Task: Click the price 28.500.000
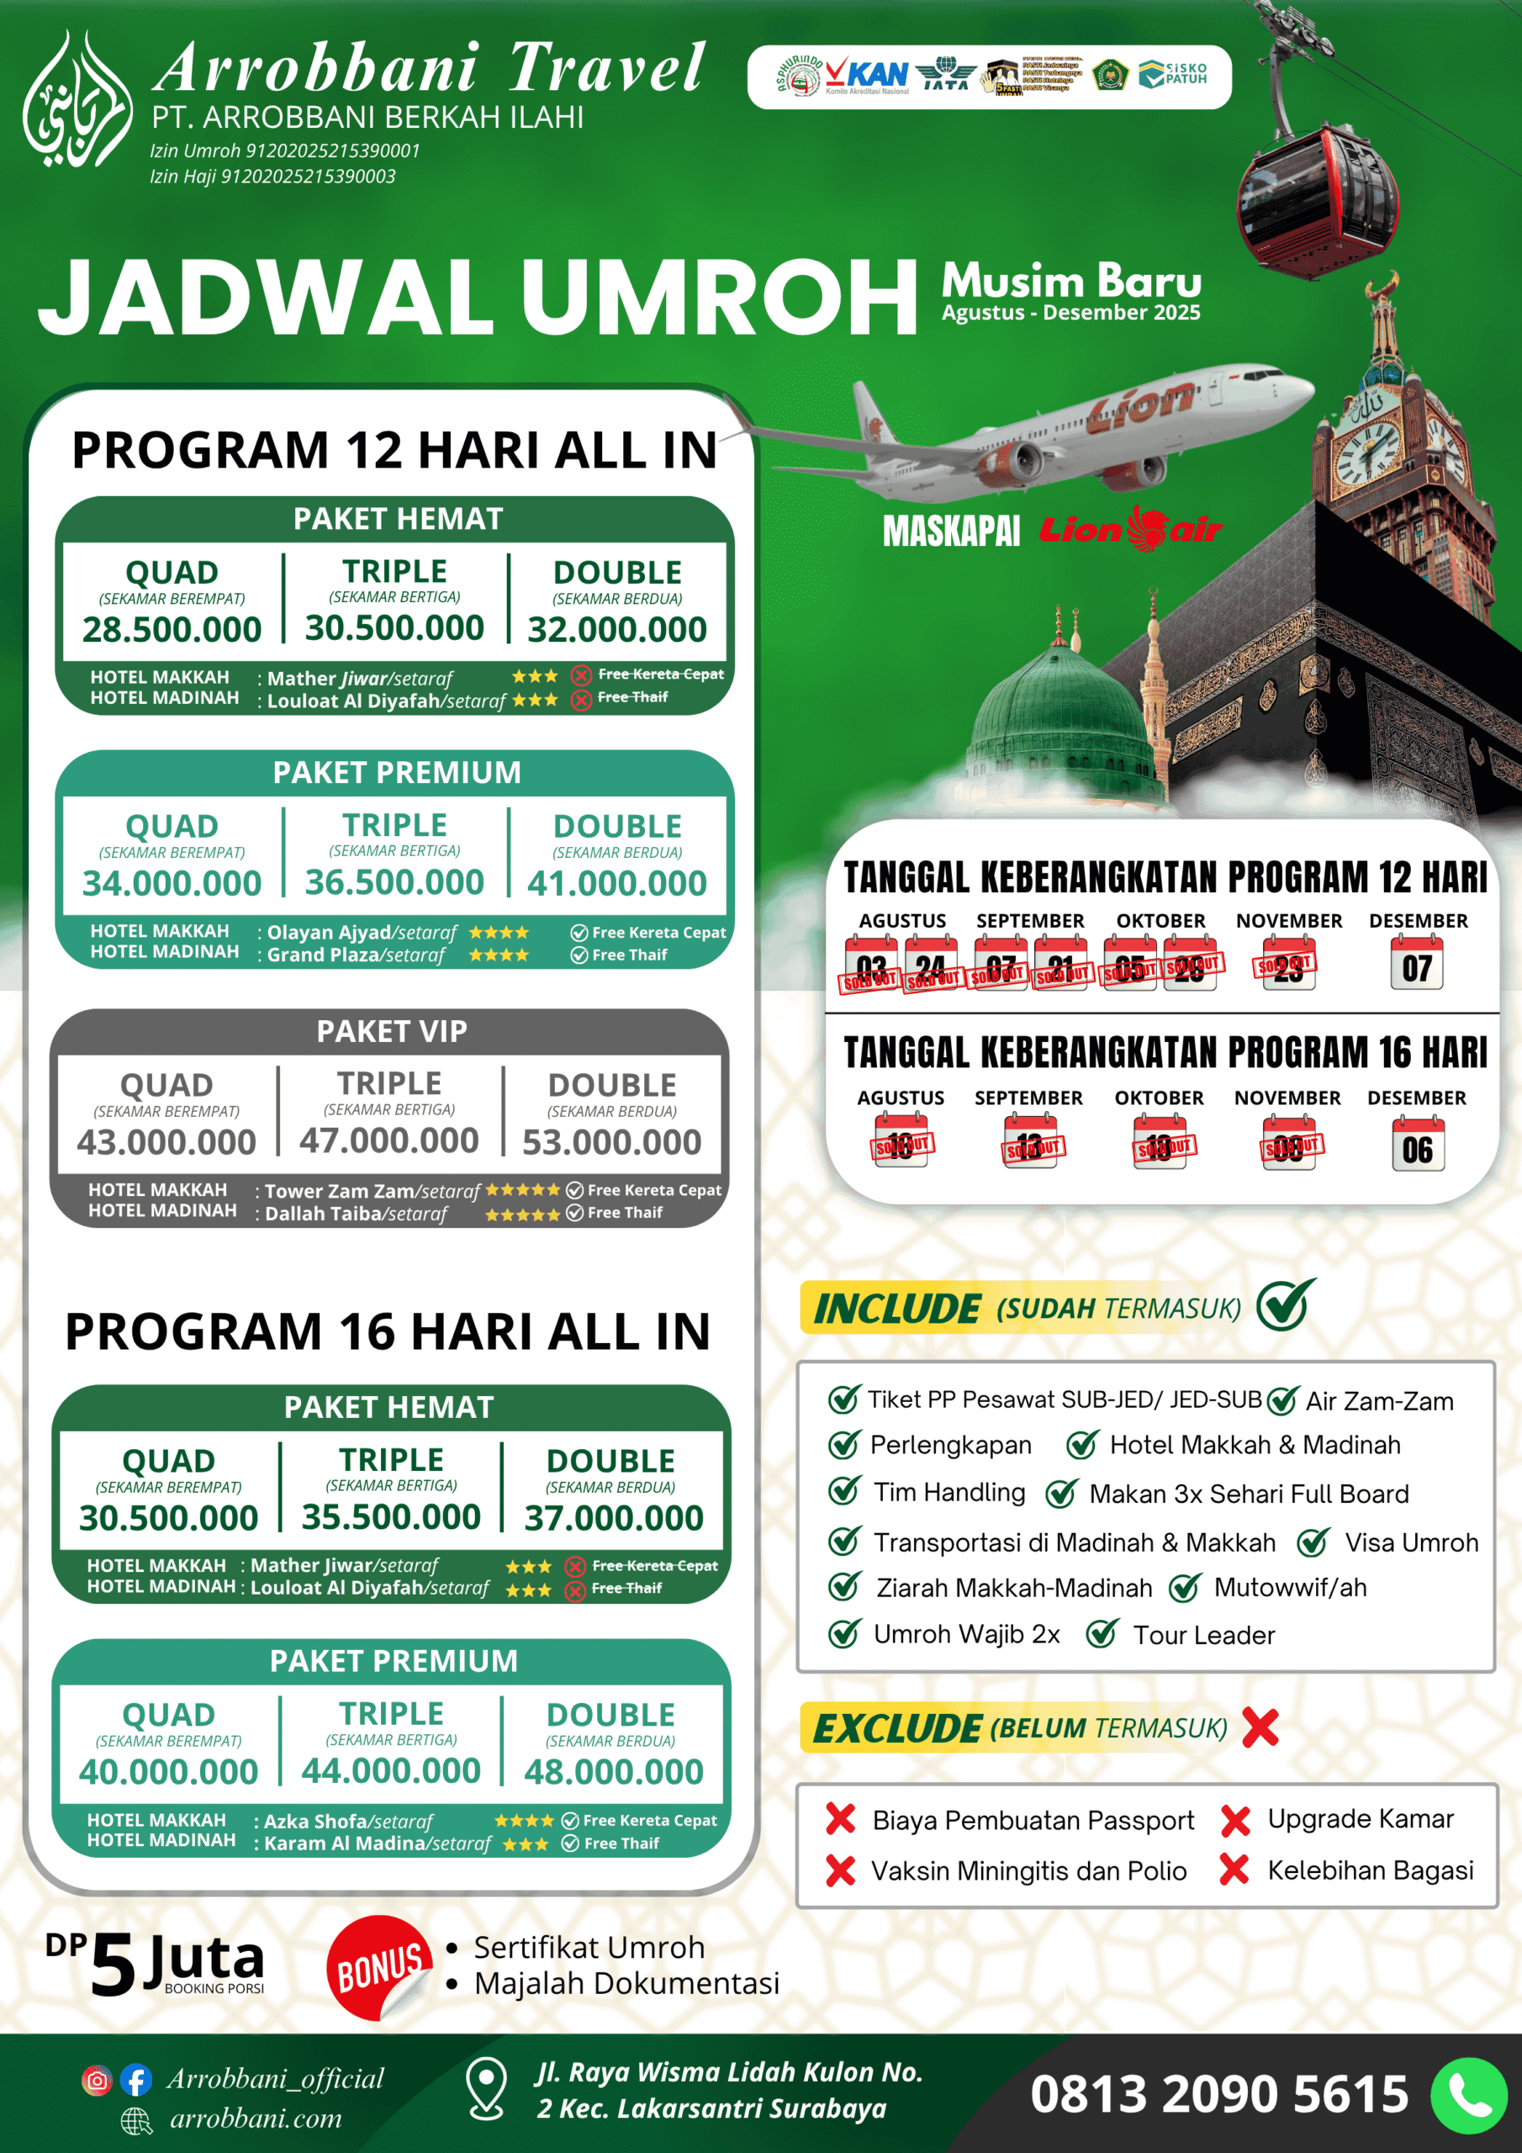pyautogui.click(x=172, y=629)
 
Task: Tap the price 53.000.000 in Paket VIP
pyautogui.click(x=611, y=1142)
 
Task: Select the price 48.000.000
pyautogui.click(x=613, y=1771)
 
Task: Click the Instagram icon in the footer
pyautogui.click(x=97, y=2080)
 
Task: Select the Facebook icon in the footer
pyautogui.click(x=136, y=2080)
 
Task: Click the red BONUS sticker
pyautogui.click(x=378, y=1967)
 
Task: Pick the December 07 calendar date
pyautogui.click(x=1417, y=965)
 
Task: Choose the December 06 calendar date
pyautogui.click(x=1417, y=1146)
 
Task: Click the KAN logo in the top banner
pyautogui.click(x=868, y=76)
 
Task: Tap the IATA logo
pyautogui.click(x=945, y=75)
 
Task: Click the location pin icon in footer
pyautogui.click(x=487, y=2089)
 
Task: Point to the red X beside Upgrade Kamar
pyautogui.click(x=1235, y=1820)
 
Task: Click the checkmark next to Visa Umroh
pyautogui.click(x=1313, y=1542)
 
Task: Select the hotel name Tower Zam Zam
pyautogui.click(x=340, y=1191)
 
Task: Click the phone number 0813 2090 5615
pyautogui.click(x=1219, y=2095)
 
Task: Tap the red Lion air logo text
pyautogui.click(x=1130, y=530)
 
